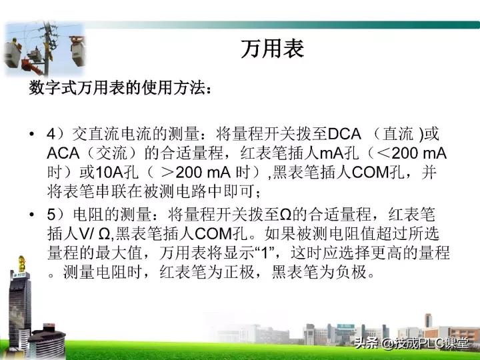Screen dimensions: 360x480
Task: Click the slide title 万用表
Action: pos(272,49)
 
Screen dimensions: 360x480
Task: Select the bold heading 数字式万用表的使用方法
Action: pos(121,89)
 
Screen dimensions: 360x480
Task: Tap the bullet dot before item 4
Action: pos(32,134)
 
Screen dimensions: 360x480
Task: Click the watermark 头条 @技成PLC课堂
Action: pos(411,343)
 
